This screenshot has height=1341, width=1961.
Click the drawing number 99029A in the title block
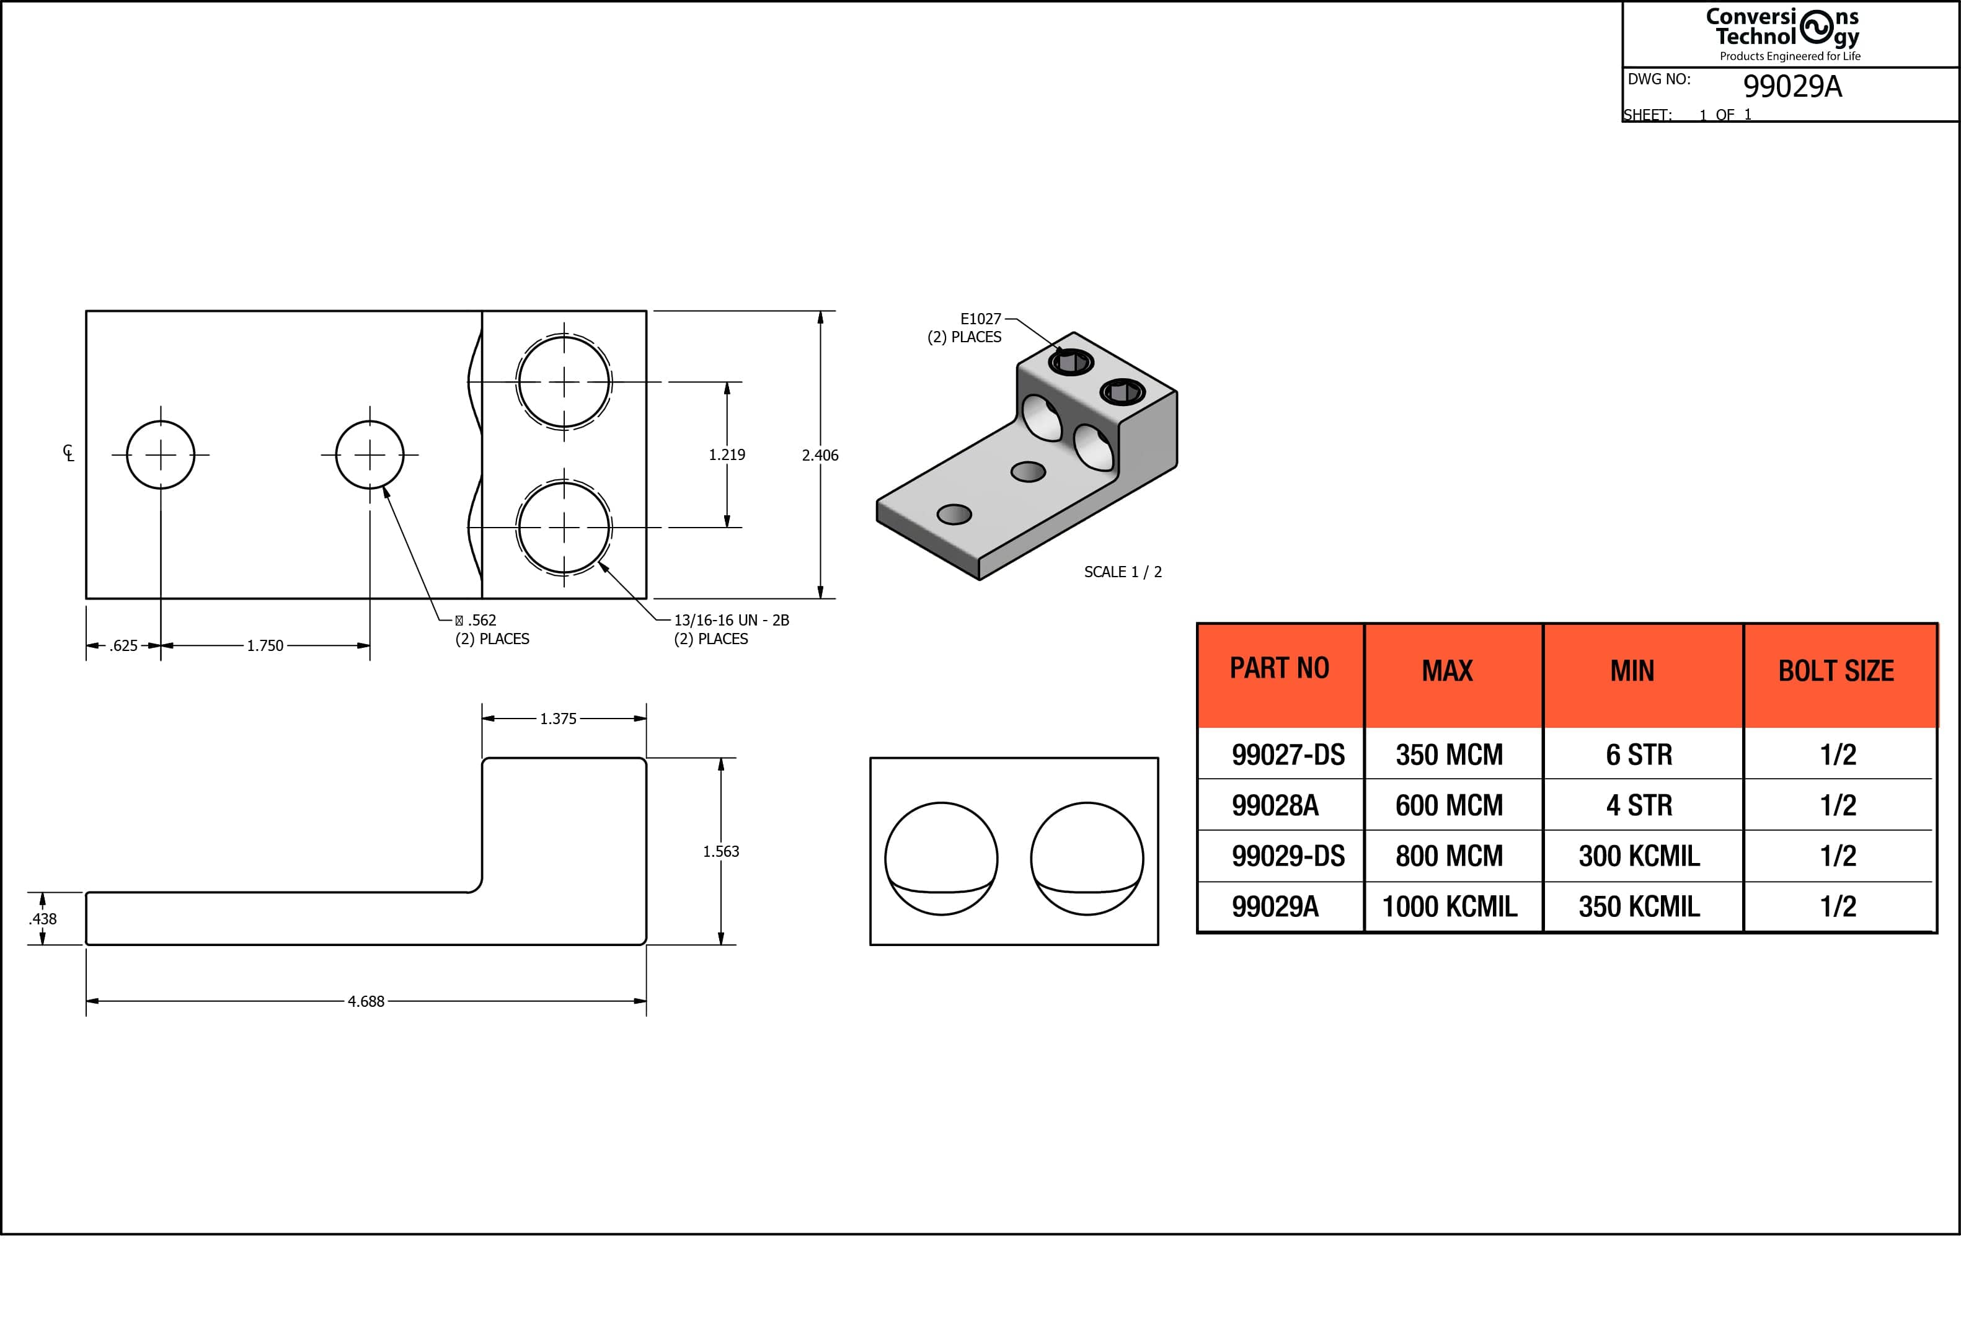1792,86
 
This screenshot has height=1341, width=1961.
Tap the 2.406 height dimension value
820,455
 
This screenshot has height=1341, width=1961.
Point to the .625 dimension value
123,645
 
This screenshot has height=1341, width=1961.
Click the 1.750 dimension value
265,645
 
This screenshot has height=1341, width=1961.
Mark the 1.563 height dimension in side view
720,851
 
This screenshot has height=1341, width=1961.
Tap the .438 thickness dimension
43,918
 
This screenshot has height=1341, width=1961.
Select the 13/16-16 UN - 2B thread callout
731,621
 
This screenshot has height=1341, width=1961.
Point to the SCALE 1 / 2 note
1122,572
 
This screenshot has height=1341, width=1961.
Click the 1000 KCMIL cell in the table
1449,906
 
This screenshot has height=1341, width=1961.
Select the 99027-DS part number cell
1288,755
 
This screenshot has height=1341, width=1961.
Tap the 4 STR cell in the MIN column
1639,805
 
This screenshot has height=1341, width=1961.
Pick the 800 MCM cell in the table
1449,856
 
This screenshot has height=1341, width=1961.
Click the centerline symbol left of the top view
68,453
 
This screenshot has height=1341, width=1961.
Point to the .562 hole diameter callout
476,621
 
